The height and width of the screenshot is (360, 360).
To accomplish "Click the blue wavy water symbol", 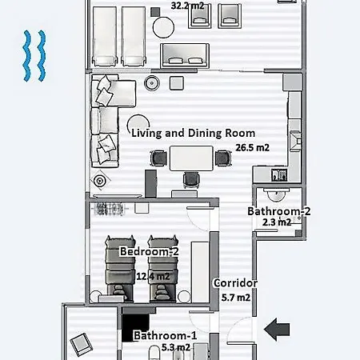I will pos(33,56).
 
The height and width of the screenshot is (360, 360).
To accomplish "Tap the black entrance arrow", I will pos(277,327).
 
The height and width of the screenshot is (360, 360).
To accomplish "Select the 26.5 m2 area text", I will pos(252,147).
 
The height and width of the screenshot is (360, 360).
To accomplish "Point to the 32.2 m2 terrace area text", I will pos(187,5).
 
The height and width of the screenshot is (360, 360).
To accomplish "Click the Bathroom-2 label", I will pos(278,211).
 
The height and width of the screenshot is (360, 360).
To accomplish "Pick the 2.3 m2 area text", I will pos(277,222).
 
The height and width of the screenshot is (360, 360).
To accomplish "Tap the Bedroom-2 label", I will pos(149,251).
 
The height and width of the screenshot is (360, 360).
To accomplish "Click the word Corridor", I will pos(235,283).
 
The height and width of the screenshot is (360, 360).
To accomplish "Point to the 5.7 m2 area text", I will pos(235,298).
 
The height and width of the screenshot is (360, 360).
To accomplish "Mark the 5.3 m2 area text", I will pos(175,347).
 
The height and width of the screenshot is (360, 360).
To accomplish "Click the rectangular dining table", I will pos(189,158).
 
